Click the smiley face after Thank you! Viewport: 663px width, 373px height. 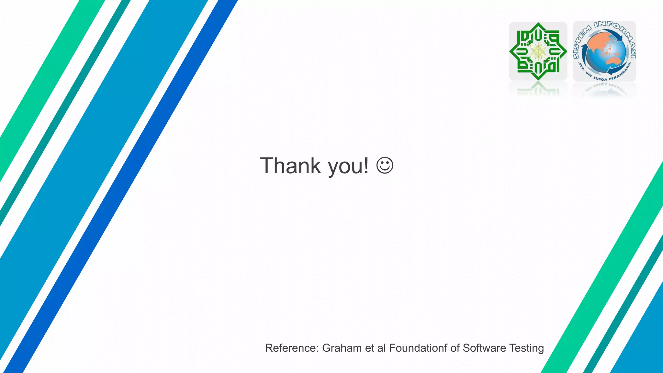tap(385, 165)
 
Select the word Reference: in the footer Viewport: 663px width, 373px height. tap(292, 348)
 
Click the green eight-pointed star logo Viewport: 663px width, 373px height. tap(538, 51)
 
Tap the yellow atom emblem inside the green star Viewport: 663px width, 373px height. tap(538, 51)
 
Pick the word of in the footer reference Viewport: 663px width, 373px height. tap(455, 348)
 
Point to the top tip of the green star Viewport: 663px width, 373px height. tap(538, 24)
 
